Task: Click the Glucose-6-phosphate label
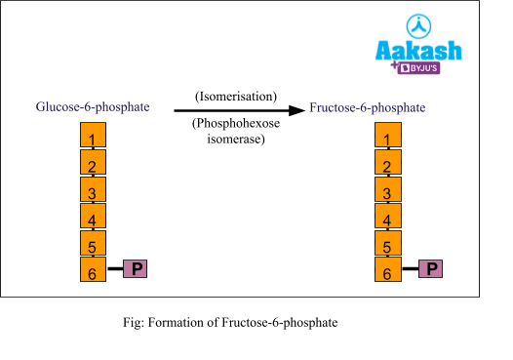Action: [93, 106]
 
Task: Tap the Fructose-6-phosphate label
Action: [368, 106]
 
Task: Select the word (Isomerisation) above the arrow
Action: [236, 97]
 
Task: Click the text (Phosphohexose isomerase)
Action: [236, 132]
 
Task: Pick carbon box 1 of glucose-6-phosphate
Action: [93, 136]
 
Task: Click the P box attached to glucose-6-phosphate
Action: [135, 268]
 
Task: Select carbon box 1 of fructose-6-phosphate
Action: [388, 136]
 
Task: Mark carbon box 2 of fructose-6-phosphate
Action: [388, 163]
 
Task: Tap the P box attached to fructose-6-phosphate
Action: [430, 268]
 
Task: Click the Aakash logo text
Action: [418, 51]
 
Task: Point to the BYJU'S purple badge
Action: [418, 68]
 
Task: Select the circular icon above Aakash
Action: [418, 26]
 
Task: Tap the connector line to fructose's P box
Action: [410, 268]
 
